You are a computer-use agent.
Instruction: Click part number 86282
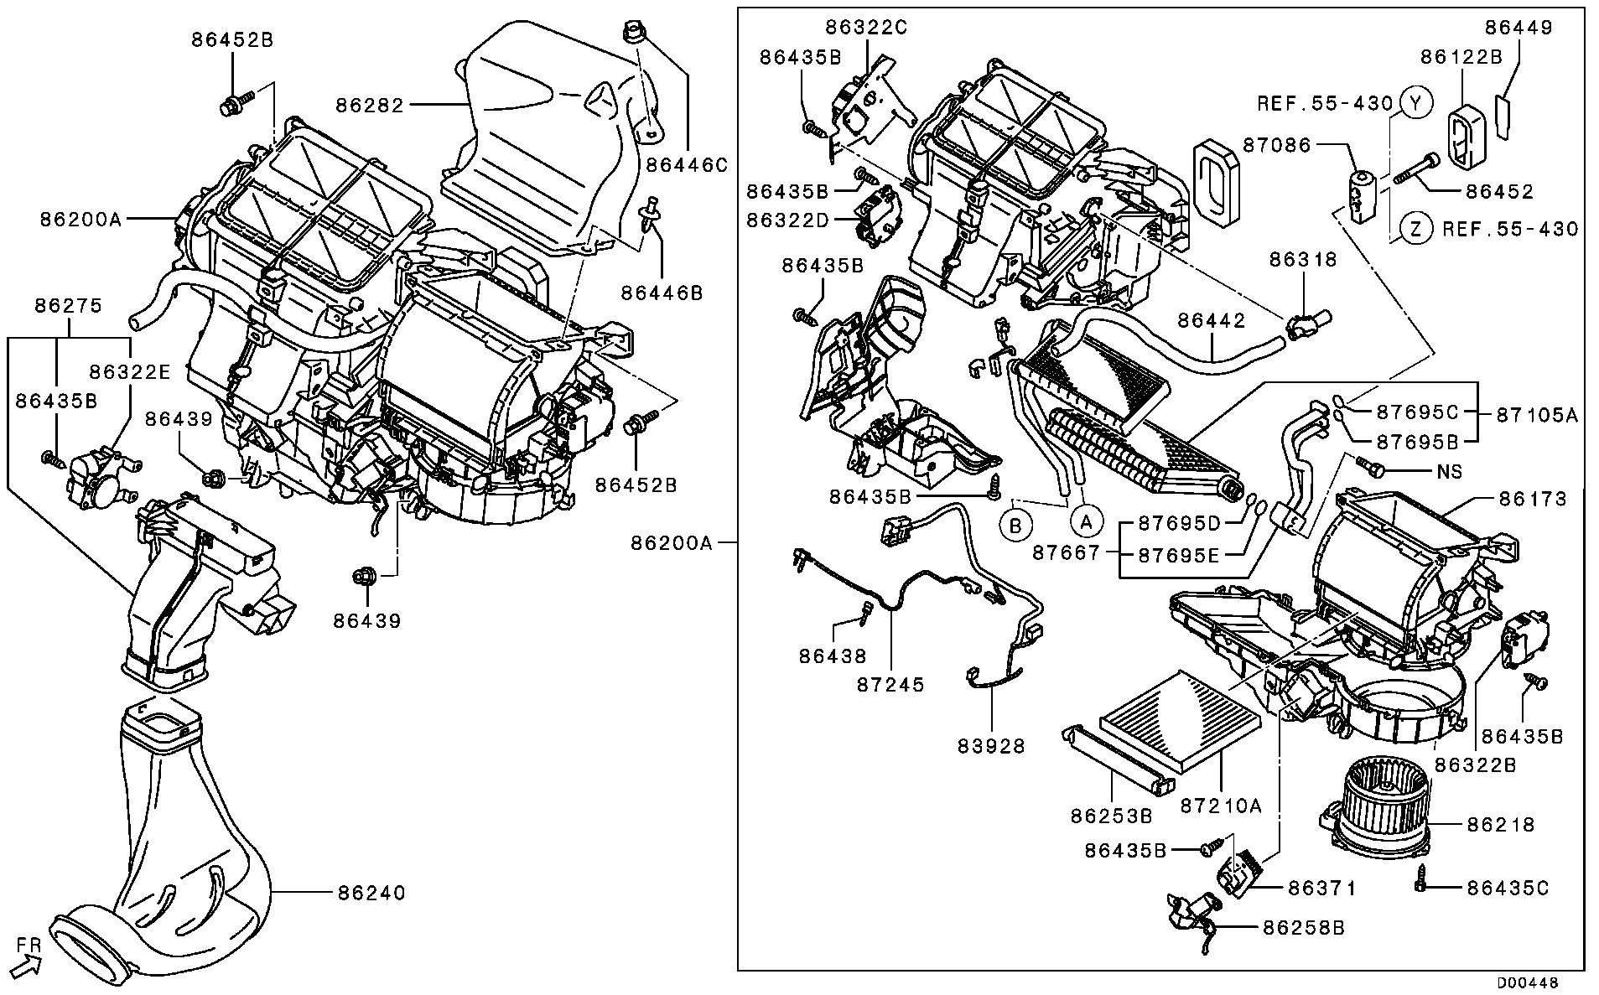coord(370,106)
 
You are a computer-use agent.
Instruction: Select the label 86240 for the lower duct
coord(371,894)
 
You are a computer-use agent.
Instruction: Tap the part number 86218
coord(1501,825)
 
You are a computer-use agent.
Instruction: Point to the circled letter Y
coord(1416,103)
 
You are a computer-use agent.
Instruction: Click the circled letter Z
coord(1416,228)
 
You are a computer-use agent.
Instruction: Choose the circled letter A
coord(1086,522)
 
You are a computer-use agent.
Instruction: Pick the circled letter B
coord(1015,526)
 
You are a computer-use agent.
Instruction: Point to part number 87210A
coord(1221,806)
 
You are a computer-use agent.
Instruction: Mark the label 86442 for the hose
coord(1212,320)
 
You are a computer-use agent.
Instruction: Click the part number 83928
coord(992,746)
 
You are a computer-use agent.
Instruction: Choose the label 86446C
coord(687,165)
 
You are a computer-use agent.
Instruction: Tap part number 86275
coord(68,306)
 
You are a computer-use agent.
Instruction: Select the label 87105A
coord(1537,415)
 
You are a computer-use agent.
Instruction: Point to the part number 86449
coord(1519,27)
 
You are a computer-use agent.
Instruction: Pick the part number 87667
coord(1066,553)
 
